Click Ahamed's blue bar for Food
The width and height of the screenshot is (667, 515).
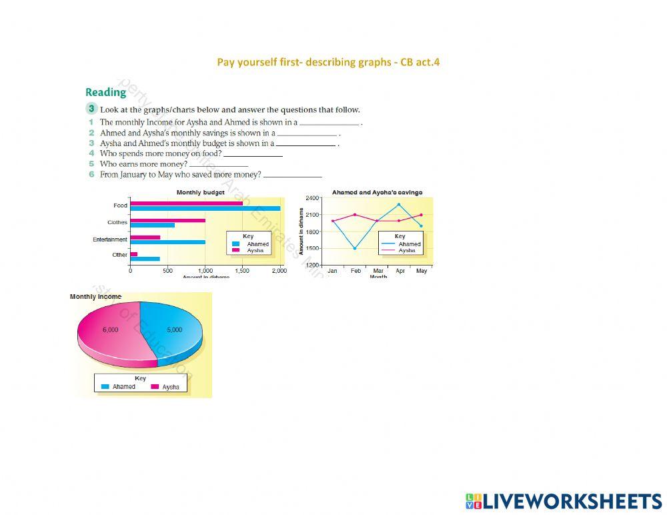205,209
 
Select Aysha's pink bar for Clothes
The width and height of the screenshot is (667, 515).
167,220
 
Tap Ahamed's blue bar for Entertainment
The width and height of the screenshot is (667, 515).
167,242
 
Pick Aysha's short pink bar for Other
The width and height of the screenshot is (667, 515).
133,253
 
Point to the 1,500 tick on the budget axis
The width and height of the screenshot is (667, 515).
243,271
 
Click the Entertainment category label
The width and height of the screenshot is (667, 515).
110,239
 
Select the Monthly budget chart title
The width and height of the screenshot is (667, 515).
200,193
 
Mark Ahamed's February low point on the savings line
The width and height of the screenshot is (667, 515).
355,248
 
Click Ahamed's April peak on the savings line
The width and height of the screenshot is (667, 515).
399,204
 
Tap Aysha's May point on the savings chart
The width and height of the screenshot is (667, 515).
422,215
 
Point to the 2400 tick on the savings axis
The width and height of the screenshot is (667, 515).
312,198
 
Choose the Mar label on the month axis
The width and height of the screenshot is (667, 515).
378,271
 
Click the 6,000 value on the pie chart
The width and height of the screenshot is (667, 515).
110,330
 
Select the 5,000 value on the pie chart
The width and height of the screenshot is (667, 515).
174,330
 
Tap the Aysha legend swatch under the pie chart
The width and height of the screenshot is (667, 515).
155,387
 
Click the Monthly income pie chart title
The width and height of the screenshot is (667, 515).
95,297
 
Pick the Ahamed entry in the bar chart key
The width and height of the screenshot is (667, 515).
257,244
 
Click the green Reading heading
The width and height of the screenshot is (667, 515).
105,93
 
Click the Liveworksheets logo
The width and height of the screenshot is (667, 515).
564,502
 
